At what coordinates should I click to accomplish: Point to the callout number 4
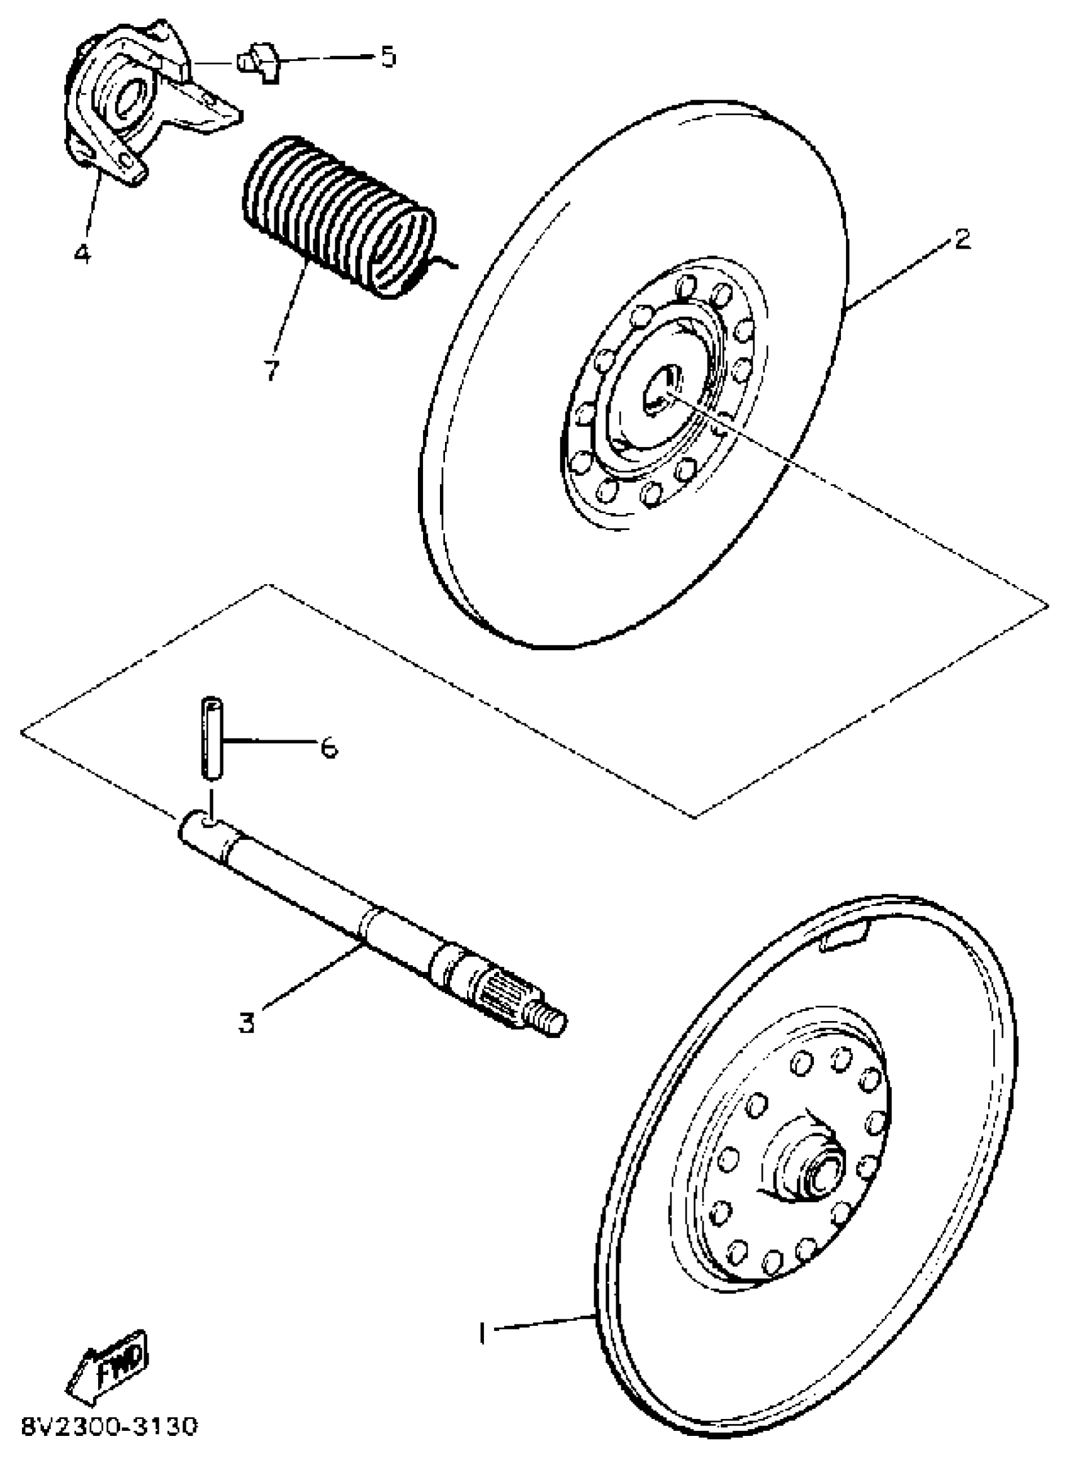coord(82,253)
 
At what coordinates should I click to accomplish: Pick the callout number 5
coord(387,57)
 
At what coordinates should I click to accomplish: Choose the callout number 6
coord(329,748)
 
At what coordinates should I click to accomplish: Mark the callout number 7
coord(271,370)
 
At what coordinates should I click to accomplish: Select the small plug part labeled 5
coord(259,63)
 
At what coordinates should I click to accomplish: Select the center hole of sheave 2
coord(659,391)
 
